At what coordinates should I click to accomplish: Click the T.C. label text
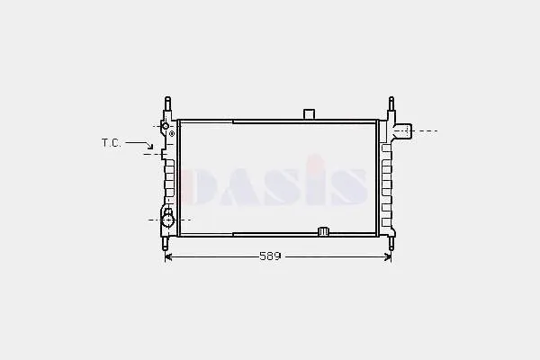[x=112, y=142]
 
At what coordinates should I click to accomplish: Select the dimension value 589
[x=270, y=256]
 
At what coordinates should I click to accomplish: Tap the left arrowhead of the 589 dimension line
[x=168, y=256]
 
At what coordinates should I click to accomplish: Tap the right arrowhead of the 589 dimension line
[x=388, y=256]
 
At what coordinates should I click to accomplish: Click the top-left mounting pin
[x=167, y=103]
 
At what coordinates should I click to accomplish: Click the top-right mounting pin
[x=391, y=103]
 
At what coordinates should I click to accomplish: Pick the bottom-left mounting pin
[x=166, y=244]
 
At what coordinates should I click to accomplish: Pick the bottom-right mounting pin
[x=391, y=244]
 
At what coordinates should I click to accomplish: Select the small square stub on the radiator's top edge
[x=309, y=114]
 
